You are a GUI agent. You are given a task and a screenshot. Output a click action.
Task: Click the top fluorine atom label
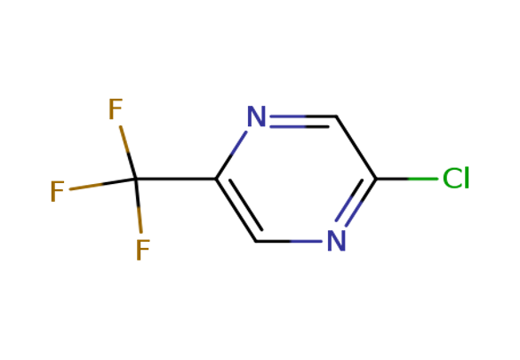click(116, 108)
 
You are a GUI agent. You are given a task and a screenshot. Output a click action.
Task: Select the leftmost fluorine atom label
click(57, 191)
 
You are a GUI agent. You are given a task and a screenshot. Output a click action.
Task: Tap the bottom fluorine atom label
click(143, 250)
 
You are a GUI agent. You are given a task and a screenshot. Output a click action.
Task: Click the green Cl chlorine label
click(456, 179)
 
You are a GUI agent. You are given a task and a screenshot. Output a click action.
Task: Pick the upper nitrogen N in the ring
click(257, 116)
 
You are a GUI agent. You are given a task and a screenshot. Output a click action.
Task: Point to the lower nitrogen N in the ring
click(337, 241)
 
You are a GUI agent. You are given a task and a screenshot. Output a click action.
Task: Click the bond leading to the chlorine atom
click(406, 179)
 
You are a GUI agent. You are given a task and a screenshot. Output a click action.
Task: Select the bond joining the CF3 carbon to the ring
click(176, 179)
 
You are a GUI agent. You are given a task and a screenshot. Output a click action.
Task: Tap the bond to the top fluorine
click(128, 153)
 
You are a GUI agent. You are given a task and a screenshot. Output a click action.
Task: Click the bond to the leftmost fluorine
click(103, 184)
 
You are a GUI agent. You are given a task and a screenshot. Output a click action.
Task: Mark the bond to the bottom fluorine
click(139, 206)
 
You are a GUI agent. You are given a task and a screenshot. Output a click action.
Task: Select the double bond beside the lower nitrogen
click(355, 203)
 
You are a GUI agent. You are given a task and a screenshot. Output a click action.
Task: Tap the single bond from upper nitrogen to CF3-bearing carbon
click(231, 155)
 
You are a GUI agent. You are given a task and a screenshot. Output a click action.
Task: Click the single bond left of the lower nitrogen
click(289, 241)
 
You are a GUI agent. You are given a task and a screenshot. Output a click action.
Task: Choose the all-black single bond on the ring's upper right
click(356, 148)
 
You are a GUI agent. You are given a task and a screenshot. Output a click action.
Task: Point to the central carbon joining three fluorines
click(136, 179)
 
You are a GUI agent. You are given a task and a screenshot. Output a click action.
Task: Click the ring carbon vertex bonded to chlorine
click(376, 179)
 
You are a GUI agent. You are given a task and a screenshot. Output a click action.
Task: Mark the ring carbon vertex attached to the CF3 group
click(216, 179)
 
